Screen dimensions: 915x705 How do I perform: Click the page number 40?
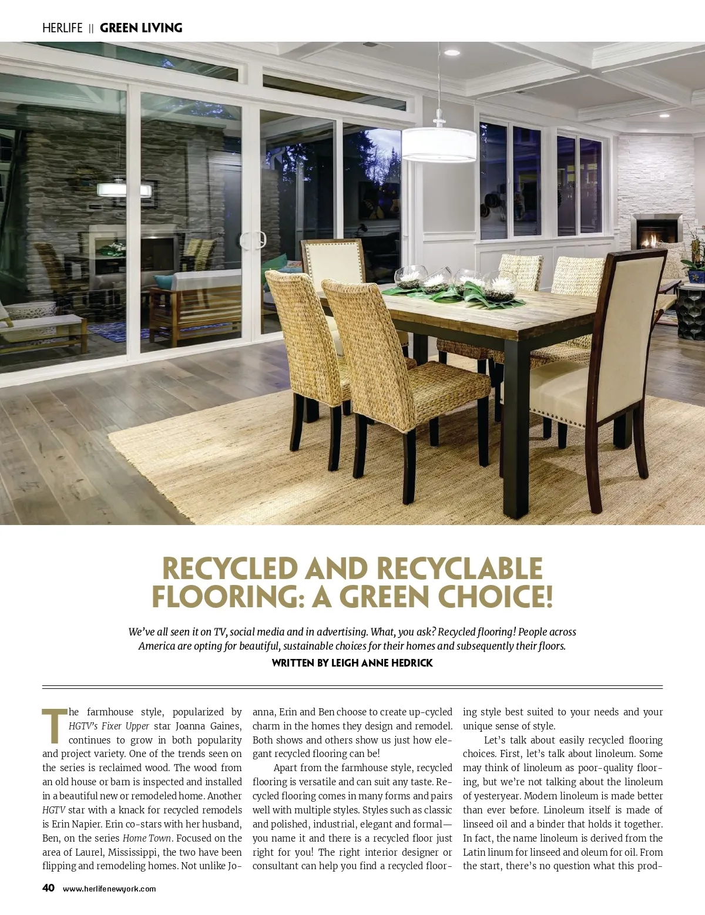coord(48,888)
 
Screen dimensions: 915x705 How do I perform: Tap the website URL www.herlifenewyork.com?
coord(109,889)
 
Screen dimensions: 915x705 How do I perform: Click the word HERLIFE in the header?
coord(62,28)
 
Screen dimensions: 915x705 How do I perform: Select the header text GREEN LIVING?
coord(141,28)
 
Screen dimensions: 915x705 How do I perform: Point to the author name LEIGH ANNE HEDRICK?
coord(382,663)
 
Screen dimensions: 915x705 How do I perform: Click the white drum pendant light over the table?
coord(439,144)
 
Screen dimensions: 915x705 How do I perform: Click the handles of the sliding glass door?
coord(253,240)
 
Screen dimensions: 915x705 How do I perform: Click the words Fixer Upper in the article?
coord(125,726)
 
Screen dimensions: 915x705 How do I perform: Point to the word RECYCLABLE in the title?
coord(459,568)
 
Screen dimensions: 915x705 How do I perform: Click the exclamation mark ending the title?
coord(548,597)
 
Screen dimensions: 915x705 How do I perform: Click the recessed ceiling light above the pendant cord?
coord(451,52)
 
